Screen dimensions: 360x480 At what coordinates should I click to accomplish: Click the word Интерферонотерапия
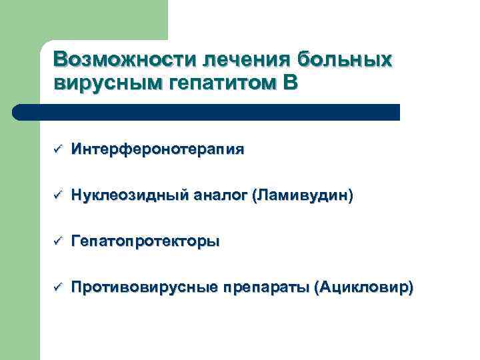pos(157,149)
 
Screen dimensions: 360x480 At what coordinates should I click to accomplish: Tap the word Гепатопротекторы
pos(145,241)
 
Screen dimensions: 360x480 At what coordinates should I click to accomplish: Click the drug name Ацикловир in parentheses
pos(367,288)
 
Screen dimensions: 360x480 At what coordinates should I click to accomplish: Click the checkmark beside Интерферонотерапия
pos(57,149)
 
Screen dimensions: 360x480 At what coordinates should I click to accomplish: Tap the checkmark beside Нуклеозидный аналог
pos(57,195)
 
